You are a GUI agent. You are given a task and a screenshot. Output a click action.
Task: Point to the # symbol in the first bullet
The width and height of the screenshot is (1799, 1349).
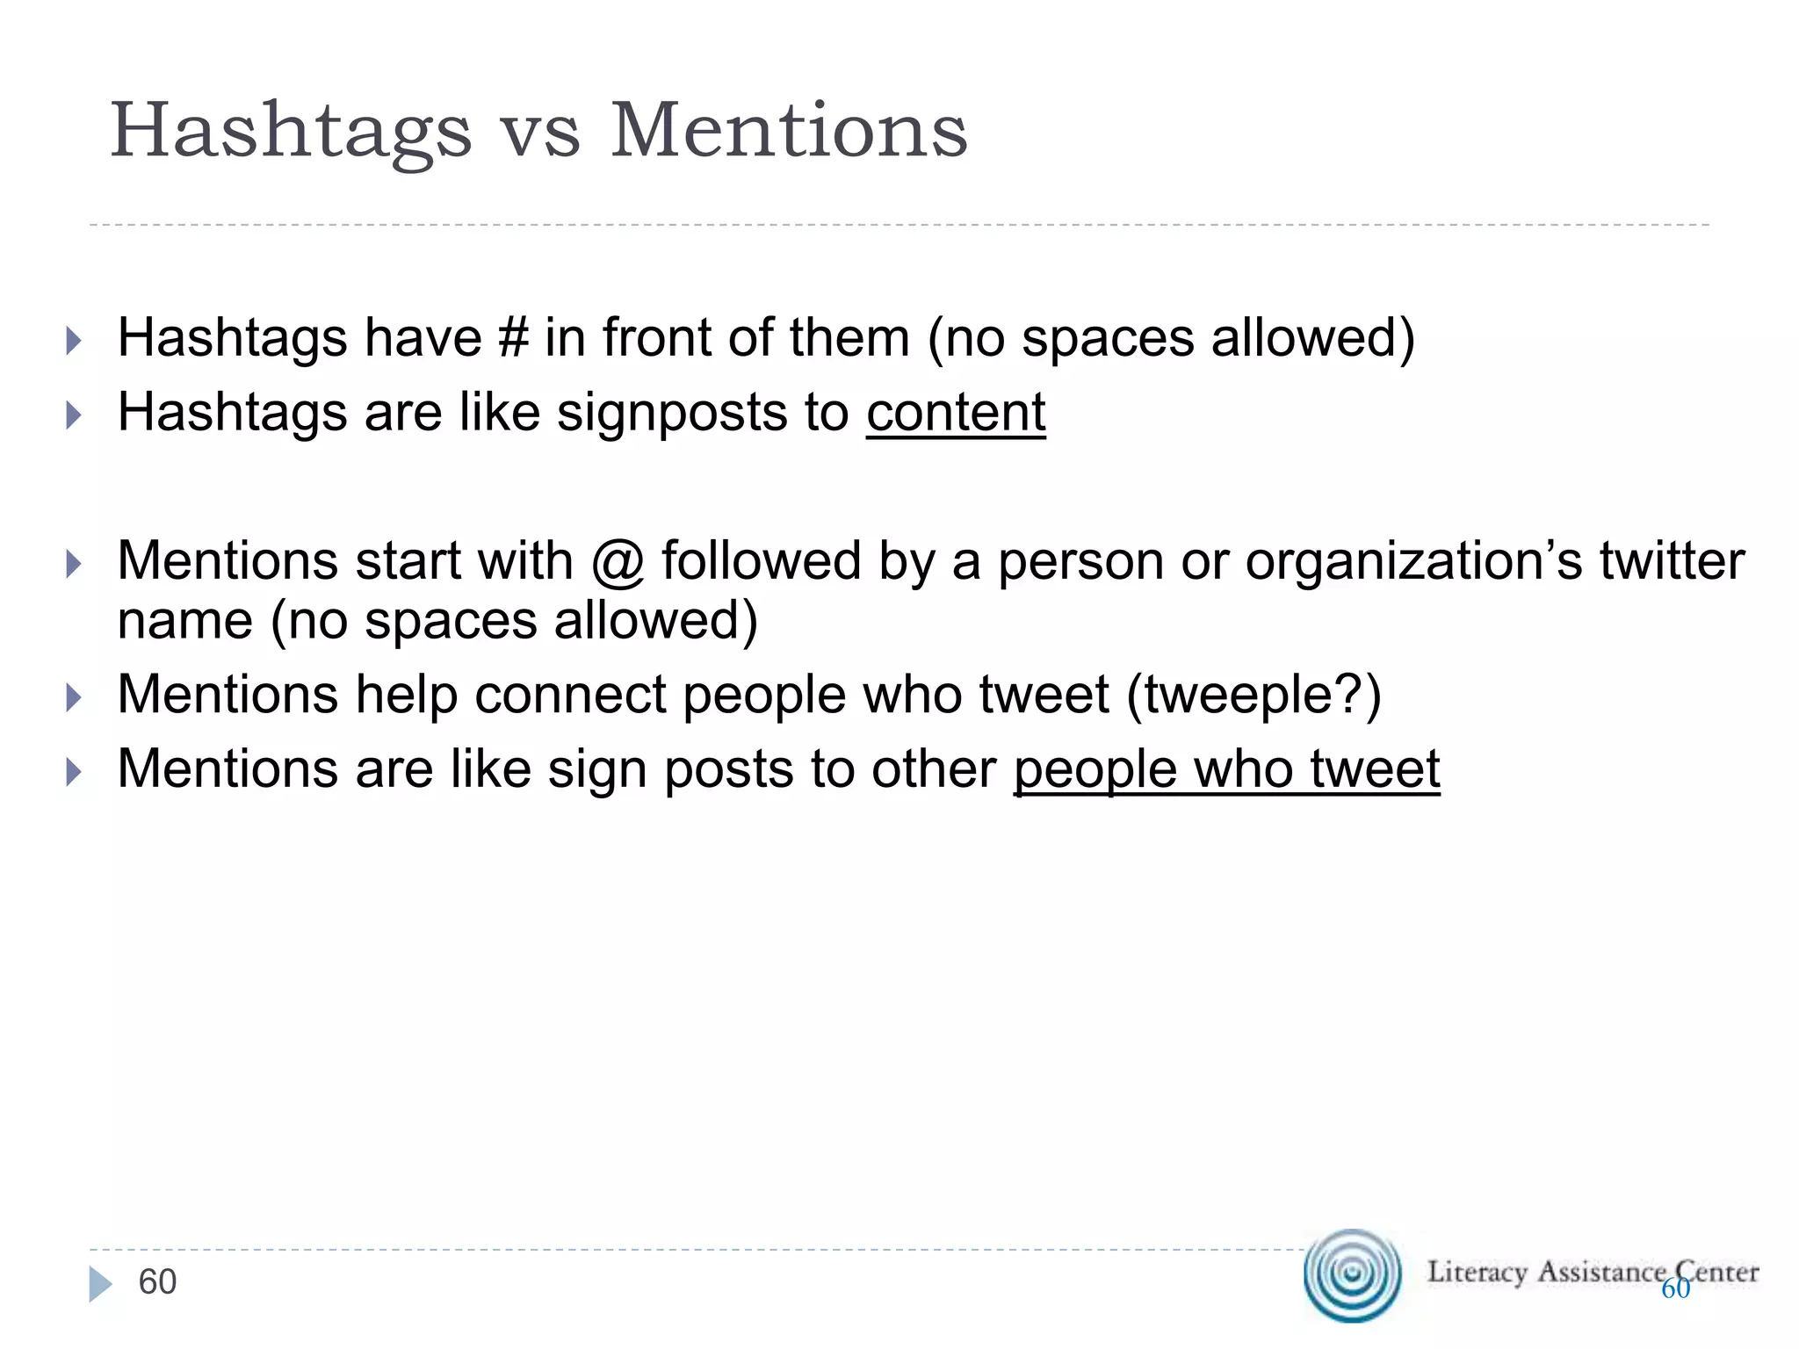[513, 338]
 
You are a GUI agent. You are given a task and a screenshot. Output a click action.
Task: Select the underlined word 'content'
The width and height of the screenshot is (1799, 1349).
[956, 412]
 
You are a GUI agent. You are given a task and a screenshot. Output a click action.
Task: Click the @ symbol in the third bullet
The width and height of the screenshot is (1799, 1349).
[618, 562]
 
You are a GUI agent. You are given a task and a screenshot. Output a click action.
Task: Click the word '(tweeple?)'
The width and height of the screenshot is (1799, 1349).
[1254, 695]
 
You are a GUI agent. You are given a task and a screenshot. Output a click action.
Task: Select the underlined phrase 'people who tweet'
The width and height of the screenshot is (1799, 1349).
[1226, 769]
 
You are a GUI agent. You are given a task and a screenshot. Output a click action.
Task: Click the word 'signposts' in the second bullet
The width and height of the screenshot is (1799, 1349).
[671, 412]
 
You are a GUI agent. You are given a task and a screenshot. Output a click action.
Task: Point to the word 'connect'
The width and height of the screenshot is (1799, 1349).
[570, 695]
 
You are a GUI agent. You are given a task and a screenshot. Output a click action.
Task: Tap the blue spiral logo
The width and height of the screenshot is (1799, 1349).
[1352, 1275]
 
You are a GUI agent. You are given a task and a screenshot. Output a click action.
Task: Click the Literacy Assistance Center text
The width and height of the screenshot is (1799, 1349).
[1592, 1272]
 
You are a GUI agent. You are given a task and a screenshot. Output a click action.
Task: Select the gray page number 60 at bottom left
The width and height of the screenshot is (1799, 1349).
[157, 1282]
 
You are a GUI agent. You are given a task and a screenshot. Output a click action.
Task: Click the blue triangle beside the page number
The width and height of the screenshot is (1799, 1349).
[99, 1285]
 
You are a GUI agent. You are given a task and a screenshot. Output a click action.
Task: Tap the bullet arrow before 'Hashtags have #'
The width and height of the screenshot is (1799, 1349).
[74, 341]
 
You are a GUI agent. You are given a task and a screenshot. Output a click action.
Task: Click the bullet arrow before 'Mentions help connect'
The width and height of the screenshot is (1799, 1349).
[74, 698]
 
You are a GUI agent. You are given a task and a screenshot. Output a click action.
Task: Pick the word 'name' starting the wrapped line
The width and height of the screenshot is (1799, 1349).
[184, 622]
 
